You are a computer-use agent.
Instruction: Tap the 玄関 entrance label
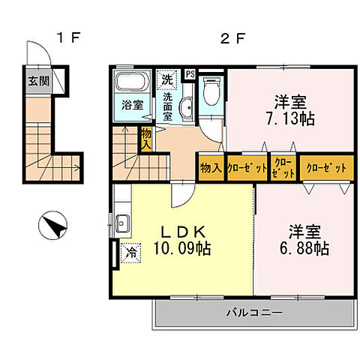tap(39, 81)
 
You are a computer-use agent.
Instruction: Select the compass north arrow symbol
tap(52, 225)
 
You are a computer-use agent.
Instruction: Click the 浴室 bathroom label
tap(133, 106)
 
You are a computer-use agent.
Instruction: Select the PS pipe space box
tap(190, 73)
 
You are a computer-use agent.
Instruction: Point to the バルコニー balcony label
tap(254, 313)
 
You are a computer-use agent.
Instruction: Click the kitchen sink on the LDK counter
tap(123, 223)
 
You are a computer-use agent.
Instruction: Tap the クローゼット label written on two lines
tap(283, 166)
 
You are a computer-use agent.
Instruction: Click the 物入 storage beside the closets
tap(210, 167)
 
